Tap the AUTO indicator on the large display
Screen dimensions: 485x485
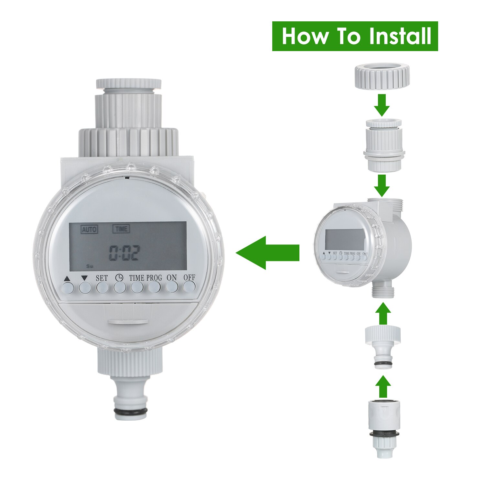[89, 230]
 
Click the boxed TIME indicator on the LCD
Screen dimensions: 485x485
[121, 229]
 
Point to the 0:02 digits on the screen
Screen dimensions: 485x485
[124, 253]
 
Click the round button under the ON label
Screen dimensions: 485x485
[172, 287]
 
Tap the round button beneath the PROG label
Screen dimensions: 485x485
[154, 287]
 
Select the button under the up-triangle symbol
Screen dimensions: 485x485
[67, 287]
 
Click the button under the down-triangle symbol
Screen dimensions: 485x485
[85, 287]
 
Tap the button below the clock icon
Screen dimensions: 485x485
[119, 287]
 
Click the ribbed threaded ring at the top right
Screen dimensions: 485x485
[382, 76]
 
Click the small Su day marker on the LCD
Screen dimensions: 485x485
[89, 266]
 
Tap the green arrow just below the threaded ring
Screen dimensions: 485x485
[382, 105]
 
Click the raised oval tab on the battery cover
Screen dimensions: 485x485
[128, 322]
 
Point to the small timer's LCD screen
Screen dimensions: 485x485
[345, 239]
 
